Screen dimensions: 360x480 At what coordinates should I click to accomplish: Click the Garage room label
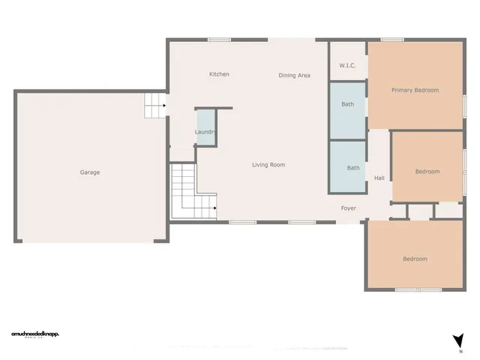(x=90, y=172)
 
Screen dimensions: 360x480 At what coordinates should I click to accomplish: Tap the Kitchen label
(x=219, y=74)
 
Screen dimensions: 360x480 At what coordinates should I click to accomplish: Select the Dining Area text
(x=294, y=75)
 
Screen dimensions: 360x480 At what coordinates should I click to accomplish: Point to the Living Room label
(x=268, y=165)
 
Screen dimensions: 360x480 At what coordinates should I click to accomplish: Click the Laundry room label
(x=205, y=133)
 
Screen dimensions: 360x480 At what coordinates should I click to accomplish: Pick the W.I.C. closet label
(x=347, y=66)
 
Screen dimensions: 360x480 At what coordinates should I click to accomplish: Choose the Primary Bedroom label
(x=415, y=90)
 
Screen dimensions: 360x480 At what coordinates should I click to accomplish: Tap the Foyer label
(x=349, y=208)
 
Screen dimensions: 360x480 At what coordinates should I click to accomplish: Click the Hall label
(x=379, y=178)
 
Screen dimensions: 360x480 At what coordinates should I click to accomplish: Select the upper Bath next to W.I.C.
(x=348, y=104)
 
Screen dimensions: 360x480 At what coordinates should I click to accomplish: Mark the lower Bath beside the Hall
(x=352, y=168)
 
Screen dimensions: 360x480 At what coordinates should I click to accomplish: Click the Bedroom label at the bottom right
(x=415, y=259)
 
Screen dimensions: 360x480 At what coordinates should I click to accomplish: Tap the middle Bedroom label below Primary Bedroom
(x=427, y=172)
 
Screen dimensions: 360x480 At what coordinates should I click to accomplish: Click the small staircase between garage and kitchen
(x=154, y=105)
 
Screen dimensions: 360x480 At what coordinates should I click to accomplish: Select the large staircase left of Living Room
(x=191, y=193)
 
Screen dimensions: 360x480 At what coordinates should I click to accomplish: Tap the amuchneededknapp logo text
(x=34, y=334)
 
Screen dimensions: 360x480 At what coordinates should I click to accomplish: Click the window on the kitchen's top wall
(x=219, y=40)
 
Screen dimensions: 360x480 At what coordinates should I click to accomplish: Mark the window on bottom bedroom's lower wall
(x=417, y=289)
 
